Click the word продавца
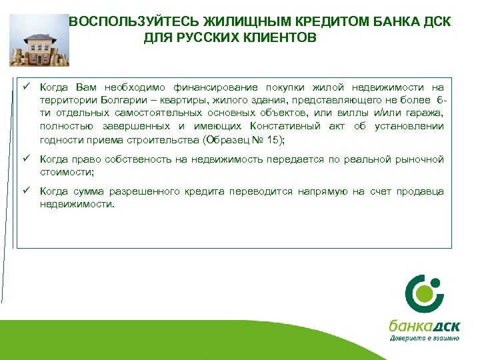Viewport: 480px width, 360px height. point(420,192)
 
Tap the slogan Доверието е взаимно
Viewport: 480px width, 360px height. point(424,338)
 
